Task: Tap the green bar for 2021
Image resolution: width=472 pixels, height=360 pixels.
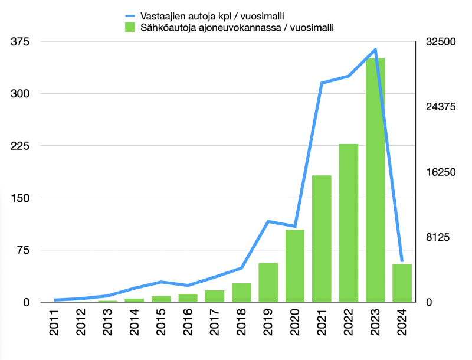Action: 322,239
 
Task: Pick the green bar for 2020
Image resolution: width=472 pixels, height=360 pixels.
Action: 295,266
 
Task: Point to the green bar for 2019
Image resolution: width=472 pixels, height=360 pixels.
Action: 268,283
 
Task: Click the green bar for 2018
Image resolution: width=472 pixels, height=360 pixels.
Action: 241,293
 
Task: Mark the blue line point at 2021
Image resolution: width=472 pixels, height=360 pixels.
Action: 322,83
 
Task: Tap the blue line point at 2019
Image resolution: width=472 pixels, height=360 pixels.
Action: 268,221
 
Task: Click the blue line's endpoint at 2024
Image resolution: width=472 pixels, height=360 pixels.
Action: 402,260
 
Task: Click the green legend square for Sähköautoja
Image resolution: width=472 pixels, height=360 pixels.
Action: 129,27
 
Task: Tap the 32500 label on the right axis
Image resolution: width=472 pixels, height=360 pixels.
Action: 441,42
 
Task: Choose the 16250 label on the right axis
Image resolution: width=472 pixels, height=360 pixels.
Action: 441,172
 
